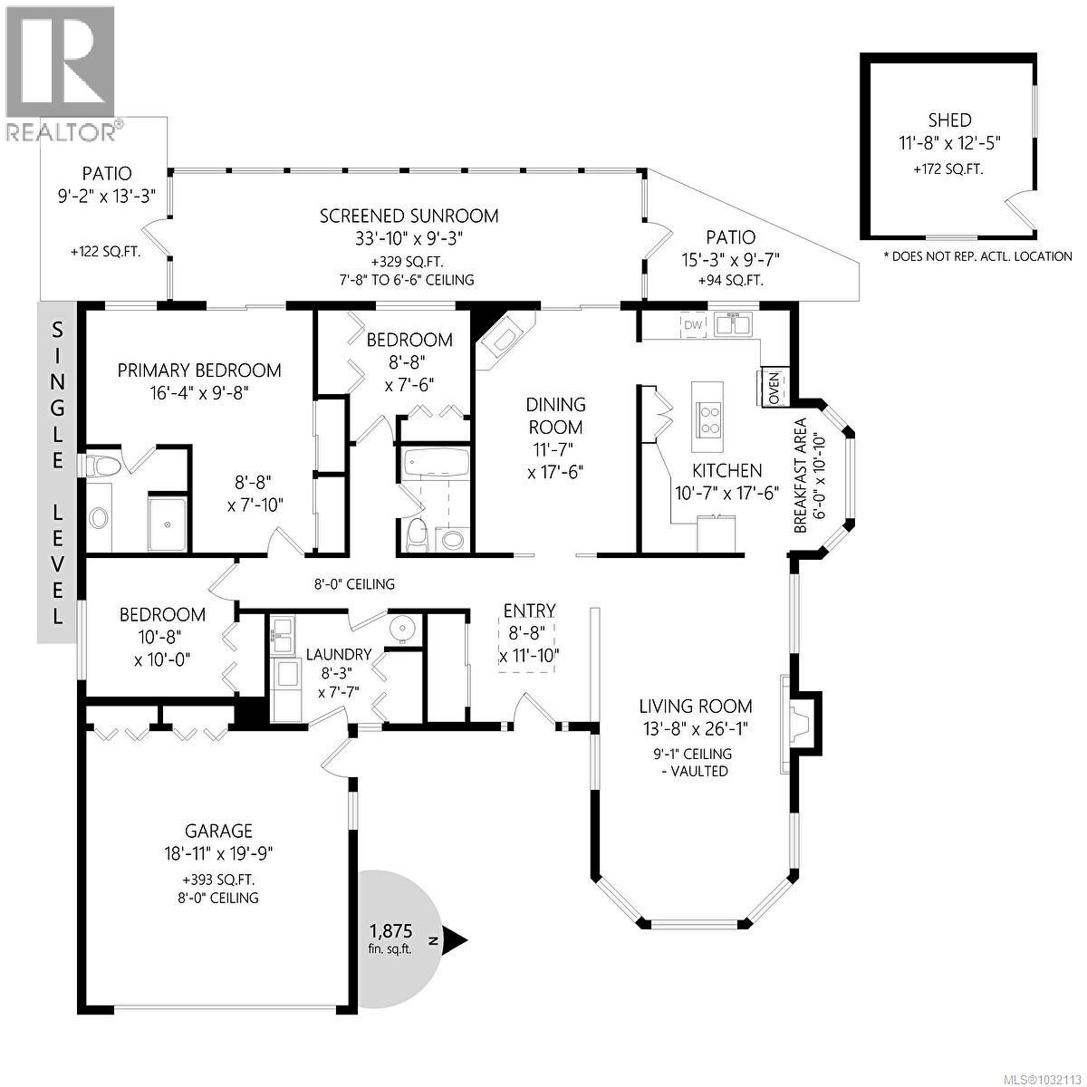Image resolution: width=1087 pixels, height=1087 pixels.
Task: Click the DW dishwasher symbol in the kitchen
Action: [693, 325]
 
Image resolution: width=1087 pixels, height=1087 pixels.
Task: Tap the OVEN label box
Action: [774, 387]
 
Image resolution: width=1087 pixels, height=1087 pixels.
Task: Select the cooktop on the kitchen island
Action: [707, 418]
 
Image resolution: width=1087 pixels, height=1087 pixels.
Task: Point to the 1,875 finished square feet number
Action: [390, 930]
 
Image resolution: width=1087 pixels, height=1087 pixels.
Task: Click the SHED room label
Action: [949, 120]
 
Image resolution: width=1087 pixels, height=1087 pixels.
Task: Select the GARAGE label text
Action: [218, 831]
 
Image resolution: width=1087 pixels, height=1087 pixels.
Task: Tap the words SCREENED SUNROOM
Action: [409, 216]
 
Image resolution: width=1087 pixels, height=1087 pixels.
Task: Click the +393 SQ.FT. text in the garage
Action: [218, 879]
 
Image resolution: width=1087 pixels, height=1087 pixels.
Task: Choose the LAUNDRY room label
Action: [338, 654]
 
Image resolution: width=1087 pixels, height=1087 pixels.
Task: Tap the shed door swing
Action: [1021, 210]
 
